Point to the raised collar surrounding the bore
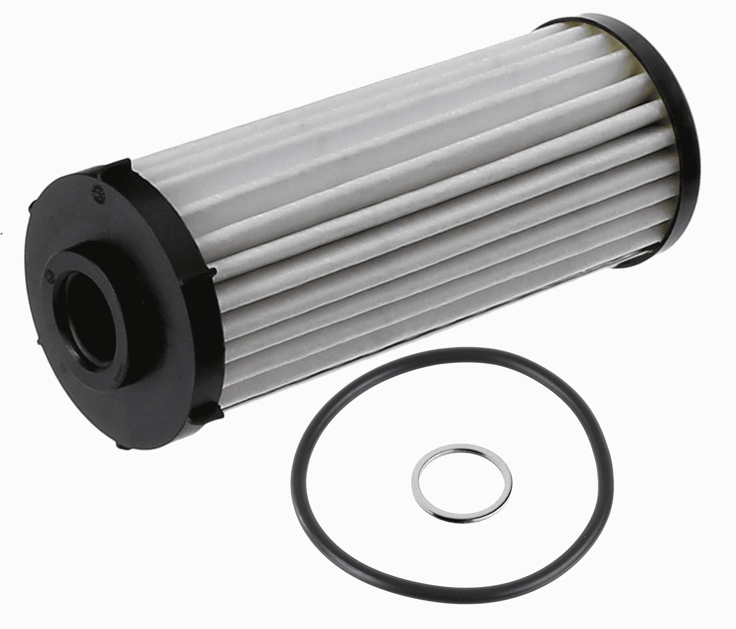[x=117, y=270]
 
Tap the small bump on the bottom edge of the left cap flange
[x=121, y=446]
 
